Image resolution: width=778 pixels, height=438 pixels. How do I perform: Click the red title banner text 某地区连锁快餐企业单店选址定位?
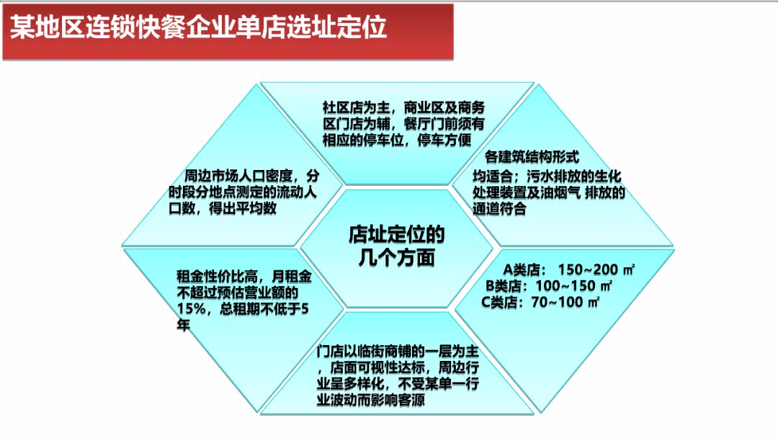199,28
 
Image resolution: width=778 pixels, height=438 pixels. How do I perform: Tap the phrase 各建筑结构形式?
532,156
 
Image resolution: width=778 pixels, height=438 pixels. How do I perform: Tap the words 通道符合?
499,210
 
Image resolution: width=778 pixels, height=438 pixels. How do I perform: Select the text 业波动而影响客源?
371,400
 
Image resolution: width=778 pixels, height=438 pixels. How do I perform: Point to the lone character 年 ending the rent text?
183,326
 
